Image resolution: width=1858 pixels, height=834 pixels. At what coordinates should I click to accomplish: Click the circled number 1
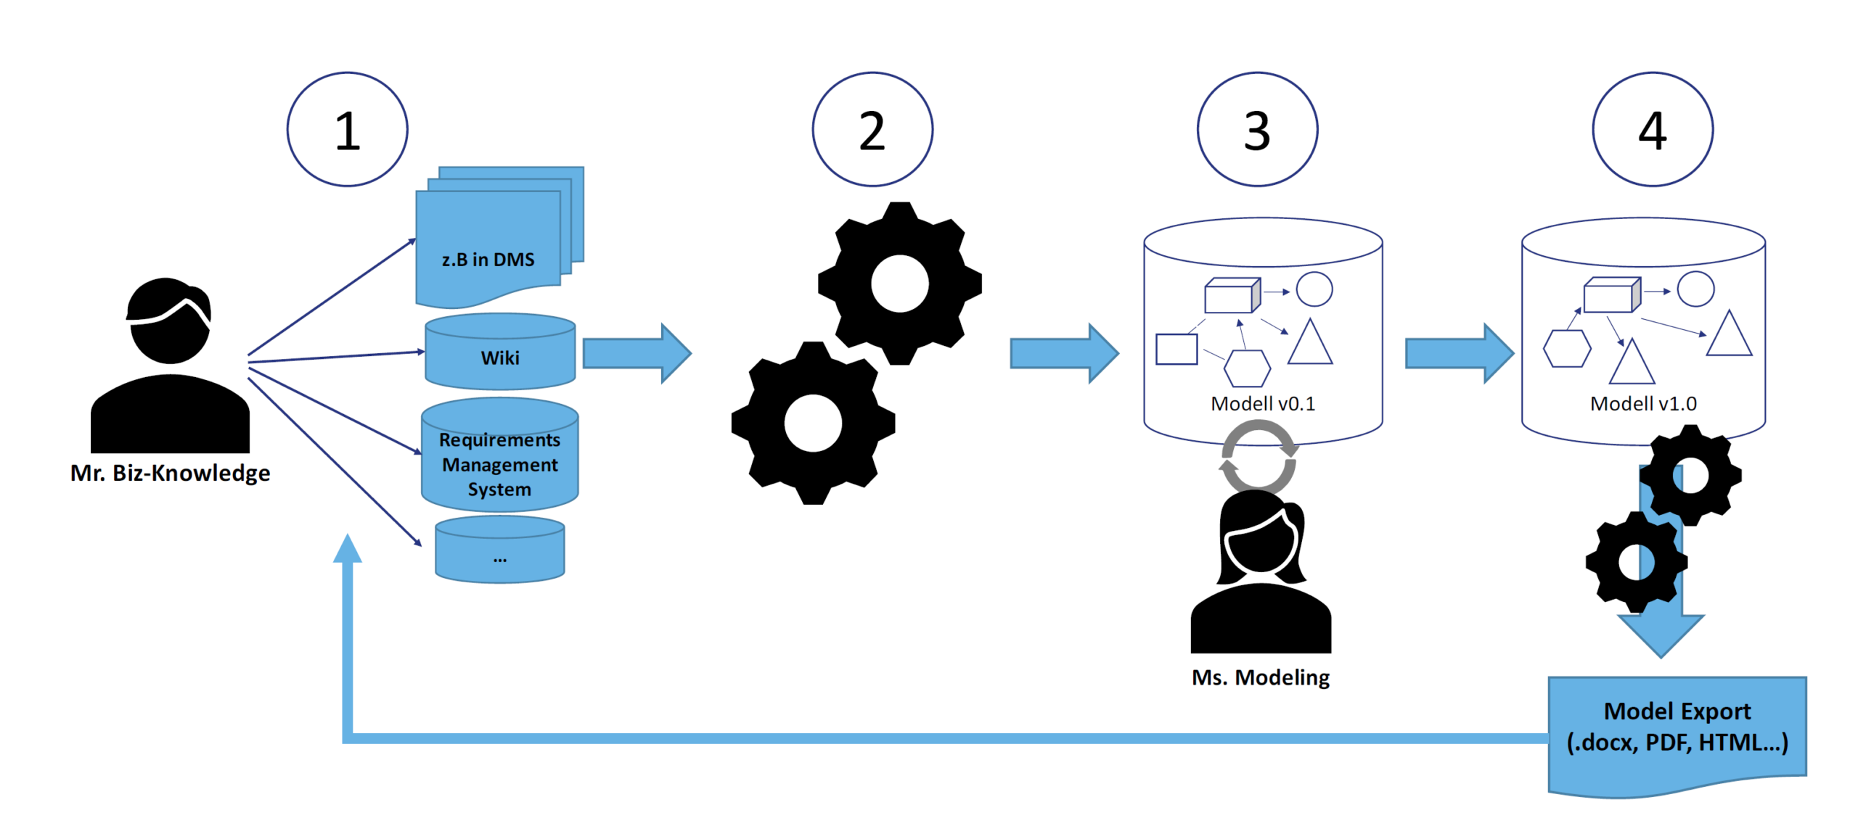coord(347,129)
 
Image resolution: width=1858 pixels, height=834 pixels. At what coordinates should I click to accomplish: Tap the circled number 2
coord(872,129)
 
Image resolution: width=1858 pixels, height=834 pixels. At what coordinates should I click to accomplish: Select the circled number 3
coord(1257,129)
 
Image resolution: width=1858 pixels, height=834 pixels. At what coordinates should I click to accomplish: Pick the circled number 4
coord(1653,129)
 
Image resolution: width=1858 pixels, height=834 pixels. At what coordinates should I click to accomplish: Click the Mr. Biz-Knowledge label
coord(170,473)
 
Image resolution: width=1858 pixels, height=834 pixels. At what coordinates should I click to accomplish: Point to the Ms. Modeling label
coord(1261,677)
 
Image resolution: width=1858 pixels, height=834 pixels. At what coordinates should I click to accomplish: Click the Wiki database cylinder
coord(500,351)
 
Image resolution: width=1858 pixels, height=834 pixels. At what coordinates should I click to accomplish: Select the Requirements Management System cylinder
coord(500,455)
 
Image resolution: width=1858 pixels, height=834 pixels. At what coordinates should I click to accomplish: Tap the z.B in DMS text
coord(488,260)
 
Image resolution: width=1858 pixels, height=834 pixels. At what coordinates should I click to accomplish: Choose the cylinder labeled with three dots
coord(500,549)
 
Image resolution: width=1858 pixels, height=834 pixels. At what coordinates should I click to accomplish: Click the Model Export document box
coord(1677,735)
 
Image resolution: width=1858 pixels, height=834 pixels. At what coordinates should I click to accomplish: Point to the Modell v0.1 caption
coord(1263,403)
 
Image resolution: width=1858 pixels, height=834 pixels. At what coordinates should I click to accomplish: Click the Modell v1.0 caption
coord(1643,403)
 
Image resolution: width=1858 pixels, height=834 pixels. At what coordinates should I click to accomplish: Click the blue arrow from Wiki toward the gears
coord(637,353)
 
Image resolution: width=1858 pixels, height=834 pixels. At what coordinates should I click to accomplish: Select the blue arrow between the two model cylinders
coord(1460,353)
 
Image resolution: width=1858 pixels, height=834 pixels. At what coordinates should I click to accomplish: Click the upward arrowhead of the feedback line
coord(347,548)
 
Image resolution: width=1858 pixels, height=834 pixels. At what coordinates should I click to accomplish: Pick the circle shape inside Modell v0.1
coord(1314,289)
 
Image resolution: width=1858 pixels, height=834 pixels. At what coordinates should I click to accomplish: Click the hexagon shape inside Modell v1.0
coord(1567,348)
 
